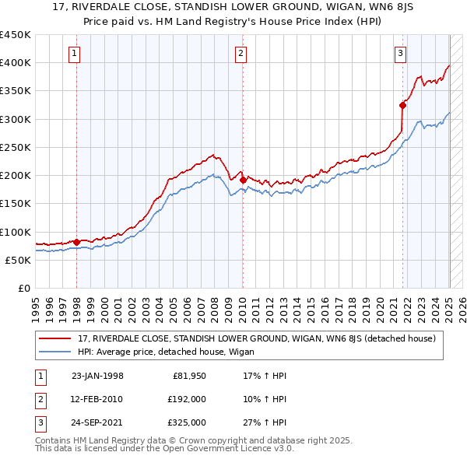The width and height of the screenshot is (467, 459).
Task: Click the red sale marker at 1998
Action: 77,242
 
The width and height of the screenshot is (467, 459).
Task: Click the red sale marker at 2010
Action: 243,180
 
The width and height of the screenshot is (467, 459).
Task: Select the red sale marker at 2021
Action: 403,105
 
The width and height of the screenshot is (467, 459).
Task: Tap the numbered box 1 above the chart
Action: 74,54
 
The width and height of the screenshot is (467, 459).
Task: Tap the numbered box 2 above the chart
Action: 241,54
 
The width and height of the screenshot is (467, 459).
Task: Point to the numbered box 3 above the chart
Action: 400,54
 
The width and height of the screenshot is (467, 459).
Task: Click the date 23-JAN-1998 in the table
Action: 97,376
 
